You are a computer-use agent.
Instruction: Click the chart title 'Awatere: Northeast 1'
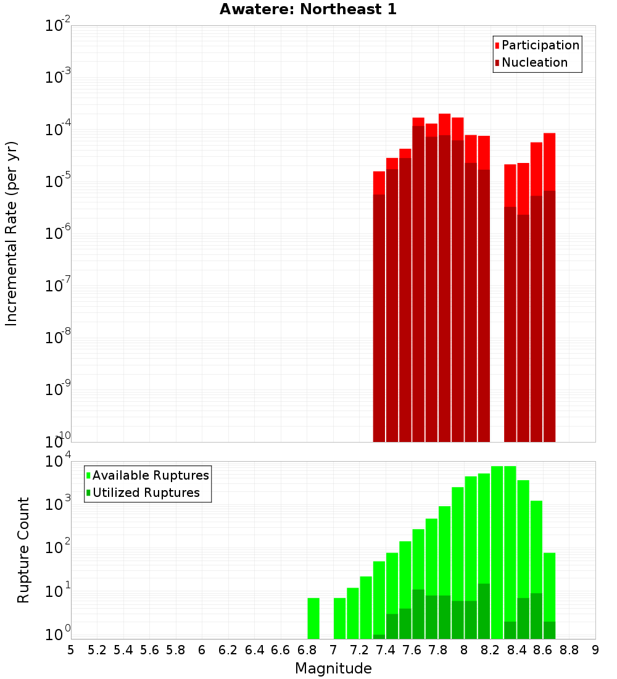[x=308, y=10]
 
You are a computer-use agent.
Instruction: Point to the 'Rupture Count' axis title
[x=23, y=550]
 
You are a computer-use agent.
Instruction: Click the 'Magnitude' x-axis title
[x=333, y=669]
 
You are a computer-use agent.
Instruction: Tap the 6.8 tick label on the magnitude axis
[x=307, y=649]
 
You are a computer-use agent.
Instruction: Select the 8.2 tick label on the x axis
[x=491, y=649]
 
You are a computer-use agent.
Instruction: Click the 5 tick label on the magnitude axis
[x=71, y=649]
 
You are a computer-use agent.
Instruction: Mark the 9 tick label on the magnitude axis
[x=595, y=649]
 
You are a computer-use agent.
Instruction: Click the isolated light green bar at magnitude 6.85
[x=313, y=618]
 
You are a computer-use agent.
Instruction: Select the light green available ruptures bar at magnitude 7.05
[x=339, y=618]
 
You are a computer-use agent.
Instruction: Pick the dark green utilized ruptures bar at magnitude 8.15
[x=484, y=611]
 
